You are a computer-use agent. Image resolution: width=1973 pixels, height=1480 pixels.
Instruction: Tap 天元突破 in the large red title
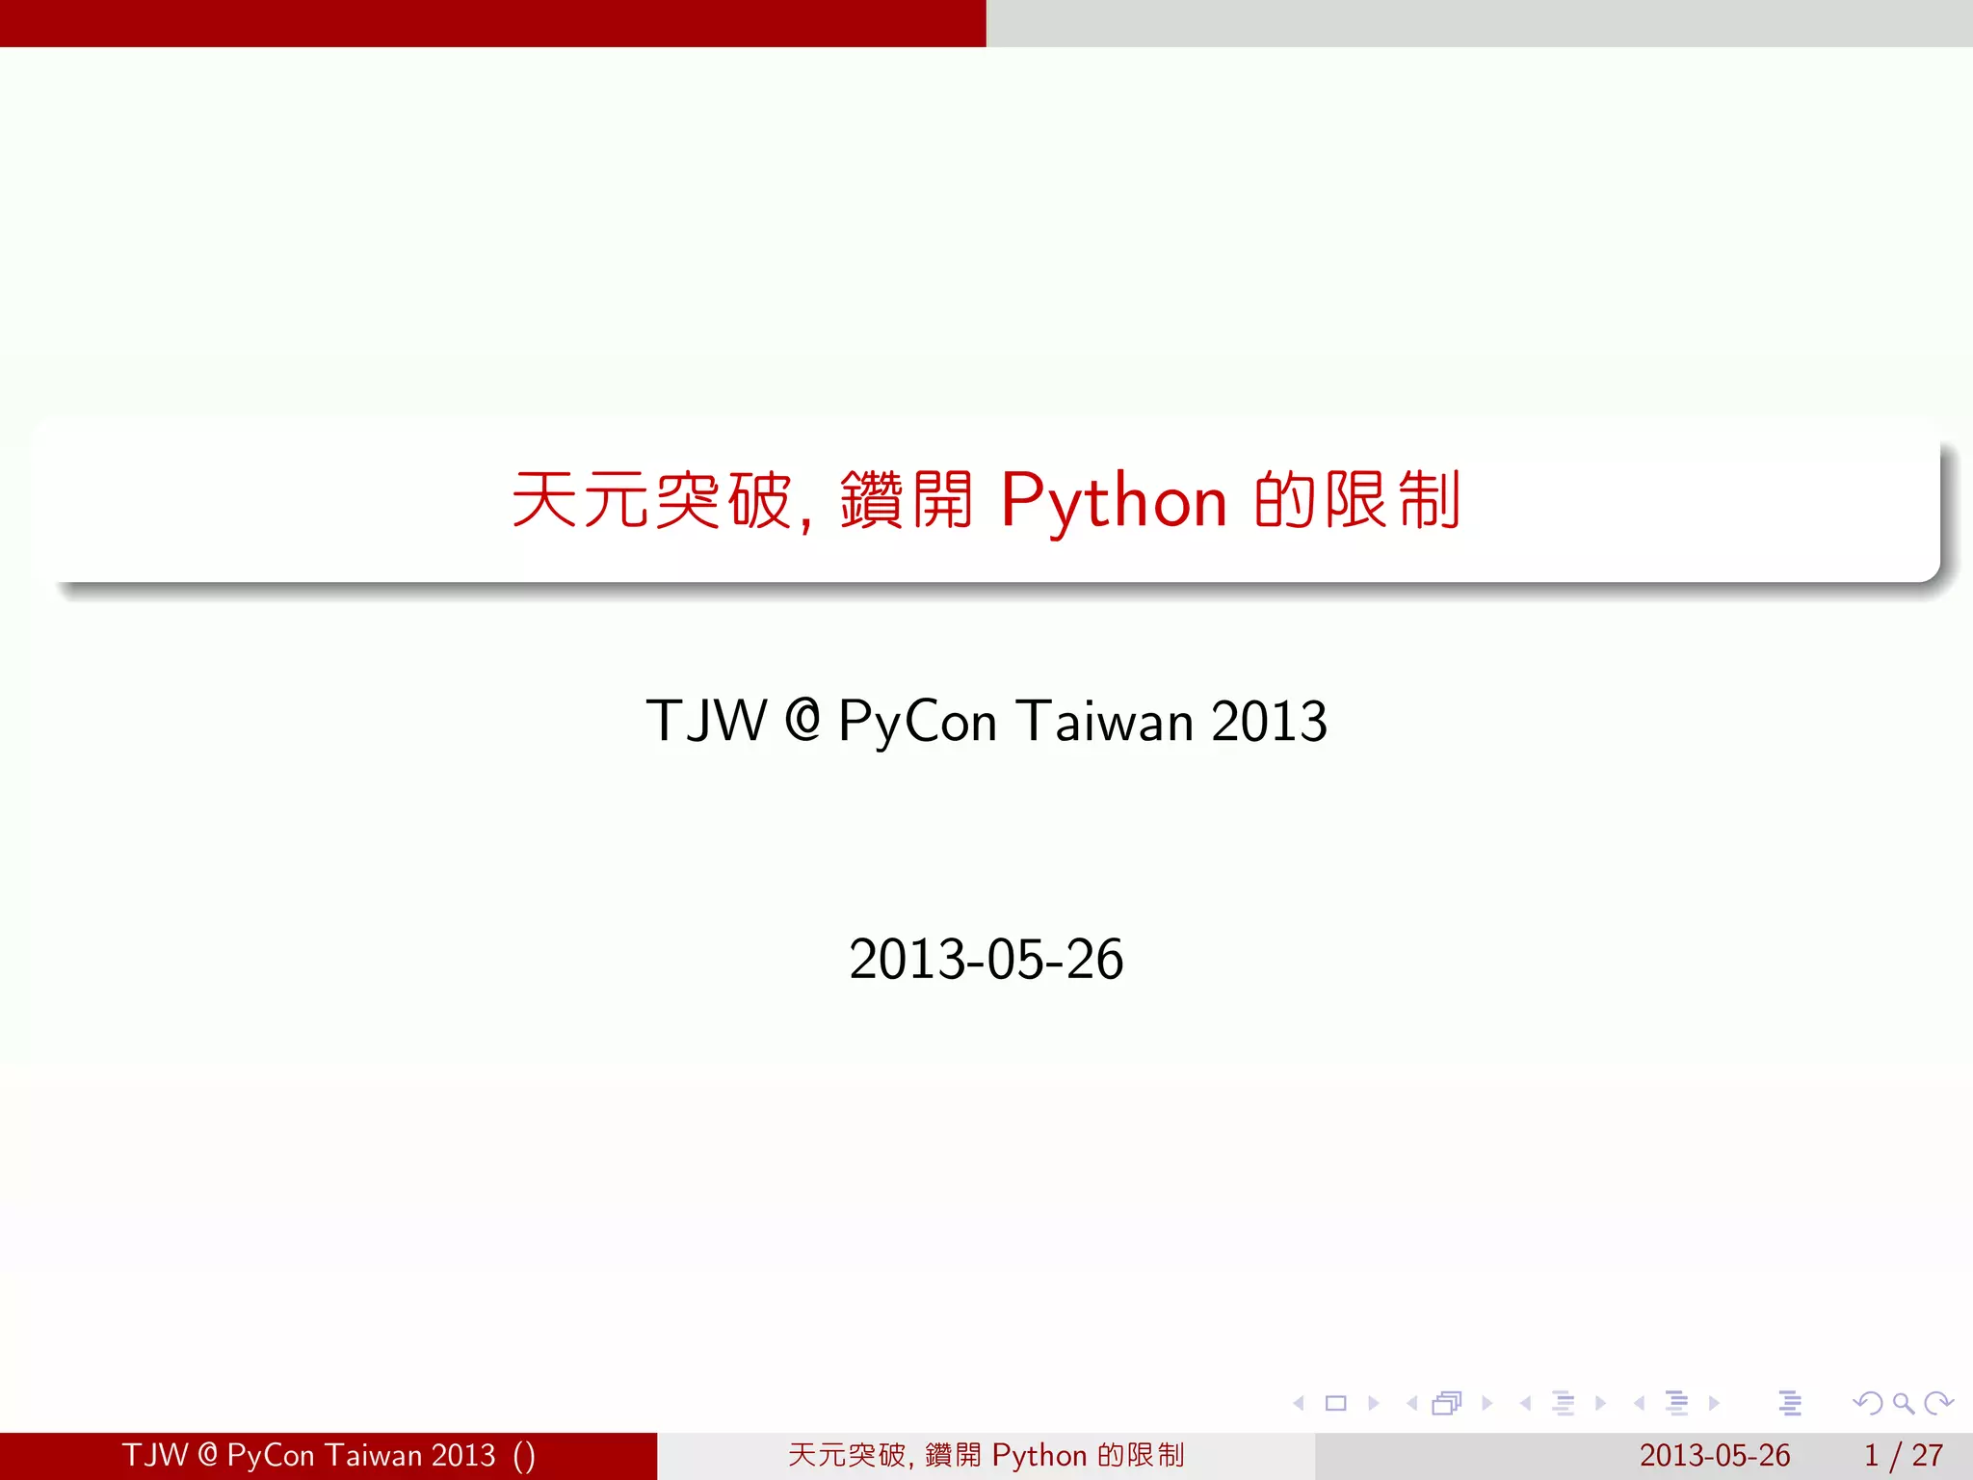coord(651,500)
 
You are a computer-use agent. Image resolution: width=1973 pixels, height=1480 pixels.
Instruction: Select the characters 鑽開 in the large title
coord(906,500)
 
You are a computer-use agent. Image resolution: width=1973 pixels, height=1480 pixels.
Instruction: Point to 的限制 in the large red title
coord(1357,500)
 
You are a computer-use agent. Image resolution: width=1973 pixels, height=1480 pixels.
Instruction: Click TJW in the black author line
coord(706,721)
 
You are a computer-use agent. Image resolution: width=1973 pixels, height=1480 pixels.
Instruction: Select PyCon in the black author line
coord(917,723)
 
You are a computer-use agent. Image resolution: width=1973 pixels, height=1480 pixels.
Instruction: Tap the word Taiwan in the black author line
coord(1105,721)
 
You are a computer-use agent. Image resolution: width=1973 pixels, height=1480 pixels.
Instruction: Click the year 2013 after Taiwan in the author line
coord(1269,721)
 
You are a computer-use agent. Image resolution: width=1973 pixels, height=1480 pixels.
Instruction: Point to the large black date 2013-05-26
coord(986,960)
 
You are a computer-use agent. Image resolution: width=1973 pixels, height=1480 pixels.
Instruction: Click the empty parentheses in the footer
coord(524,1456)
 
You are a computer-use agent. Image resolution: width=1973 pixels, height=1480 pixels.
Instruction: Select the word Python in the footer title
coord(1039,1456)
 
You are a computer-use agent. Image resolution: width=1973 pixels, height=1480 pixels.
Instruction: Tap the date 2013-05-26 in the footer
coord(1715,1455)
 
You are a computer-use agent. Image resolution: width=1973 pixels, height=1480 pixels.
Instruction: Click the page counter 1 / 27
coord(1903,1455)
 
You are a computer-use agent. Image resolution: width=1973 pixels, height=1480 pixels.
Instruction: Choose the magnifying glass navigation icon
coord(1903,1404)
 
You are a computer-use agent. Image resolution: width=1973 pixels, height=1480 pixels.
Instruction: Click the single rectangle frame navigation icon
coord(1335,1404)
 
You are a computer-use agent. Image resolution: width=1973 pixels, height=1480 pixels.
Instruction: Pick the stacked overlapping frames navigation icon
coord(1447,1404)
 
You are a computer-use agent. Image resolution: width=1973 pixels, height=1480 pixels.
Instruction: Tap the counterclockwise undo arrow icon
coord(1867,1404)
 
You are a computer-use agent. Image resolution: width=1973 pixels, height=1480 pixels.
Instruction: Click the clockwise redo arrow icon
coord(1938,1404)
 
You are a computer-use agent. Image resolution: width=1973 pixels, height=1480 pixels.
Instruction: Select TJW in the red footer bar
coord(154,1455)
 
